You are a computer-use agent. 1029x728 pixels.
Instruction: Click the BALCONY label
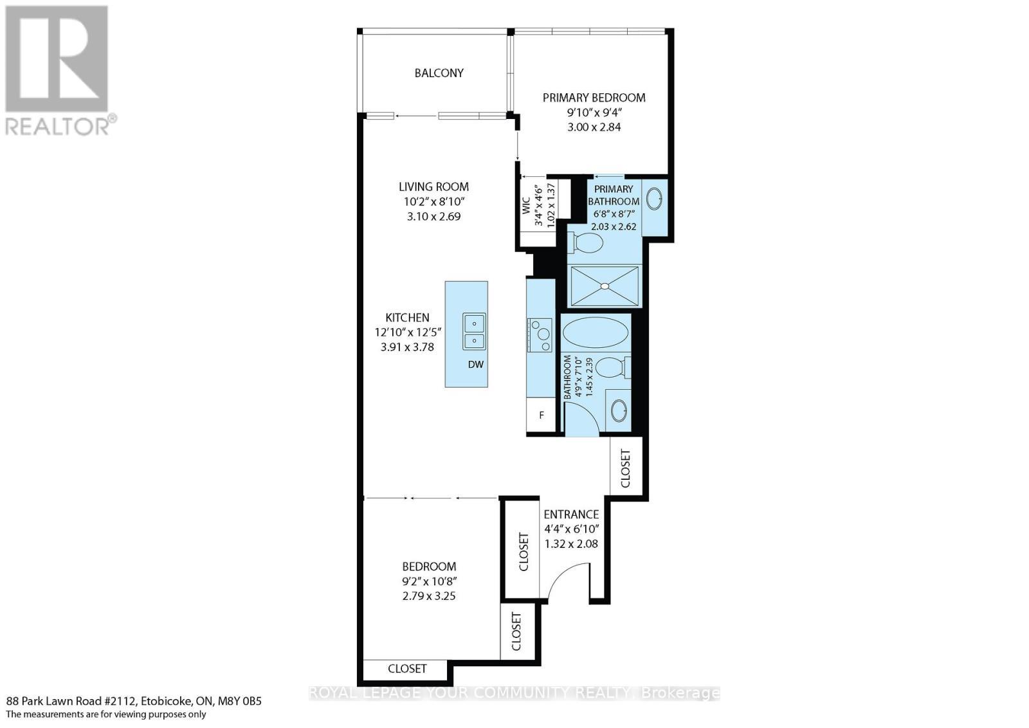point(439,73)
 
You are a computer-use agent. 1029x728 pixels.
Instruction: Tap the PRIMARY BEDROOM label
point(594,98)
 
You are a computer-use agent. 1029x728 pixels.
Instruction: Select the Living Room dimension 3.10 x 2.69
point(433,217)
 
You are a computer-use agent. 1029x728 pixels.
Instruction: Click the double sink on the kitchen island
point(474,332)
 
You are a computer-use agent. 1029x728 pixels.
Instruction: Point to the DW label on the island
point(476,365)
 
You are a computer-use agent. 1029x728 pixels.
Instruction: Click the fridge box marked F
point(542,415)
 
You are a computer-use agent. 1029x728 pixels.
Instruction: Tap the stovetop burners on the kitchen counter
point(540,335)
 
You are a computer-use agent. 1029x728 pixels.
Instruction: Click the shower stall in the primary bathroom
point(605,286)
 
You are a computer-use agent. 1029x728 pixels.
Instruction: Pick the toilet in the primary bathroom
point(587,242)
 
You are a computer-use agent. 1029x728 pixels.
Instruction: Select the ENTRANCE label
point(571,514)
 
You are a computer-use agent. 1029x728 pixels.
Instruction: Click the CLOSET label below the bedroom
point(407,669)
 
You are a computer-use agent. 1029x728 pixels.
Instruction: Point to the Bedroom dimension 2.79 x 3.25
point(429,596)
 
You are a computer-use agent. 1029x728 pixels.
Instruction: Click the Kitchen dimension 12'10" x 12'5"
point(407,332)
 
